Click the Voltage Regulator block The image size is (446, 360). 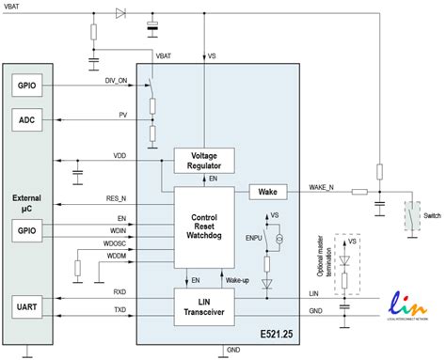click(x=203, y=160)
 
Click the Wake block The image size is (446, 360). click(x=266, y=192)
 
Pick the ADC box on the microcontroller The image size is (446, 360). click(x=24, y=119)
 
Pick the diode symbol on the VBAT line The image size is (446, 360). click(x=119, y=14)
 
